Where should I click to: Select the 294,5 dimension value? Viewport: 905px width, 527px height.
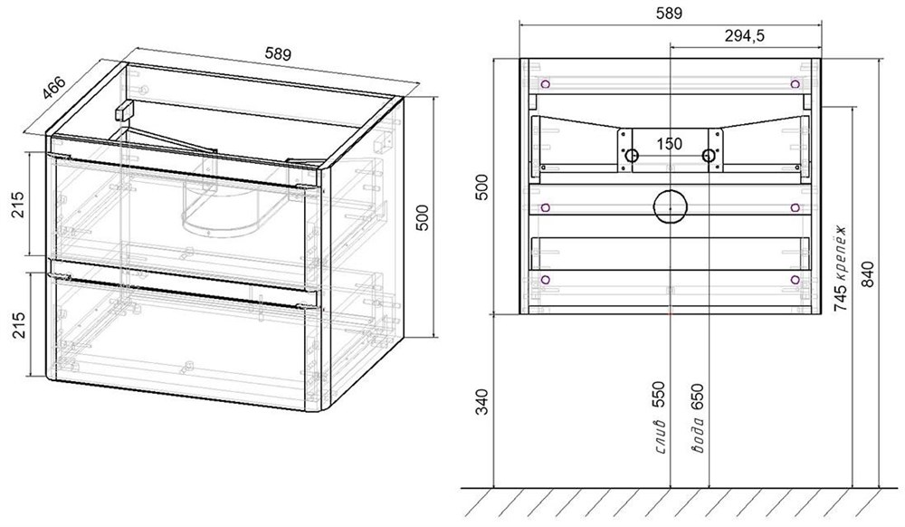[745, 36]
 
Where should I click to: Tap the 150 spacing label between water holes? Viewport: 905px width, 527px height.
[670, 143]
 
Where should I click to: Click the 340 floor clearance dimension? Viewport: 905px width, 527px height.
[481, 402]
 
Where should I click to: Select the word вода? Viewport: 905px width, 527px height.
[699, 434]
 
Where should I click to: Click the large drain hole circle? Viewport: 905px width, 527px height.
[670, 206]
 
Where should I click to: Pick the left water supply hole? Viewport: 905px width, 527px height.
[632, 155]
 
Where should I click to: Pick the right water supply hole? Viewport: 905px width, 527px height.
[709, 155]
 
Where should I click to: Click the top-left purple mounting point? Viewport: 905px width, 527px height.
[546, 84]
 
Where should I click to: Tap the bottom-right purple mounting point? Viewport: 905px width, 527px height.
[795, 280]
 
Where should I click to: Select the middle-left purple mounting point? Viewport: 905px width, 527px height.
[546, 207]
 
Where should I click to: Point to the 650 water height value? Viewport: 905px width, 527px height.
[699, 397]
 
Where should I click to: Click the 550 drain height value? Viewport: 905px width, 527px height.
[661, 395]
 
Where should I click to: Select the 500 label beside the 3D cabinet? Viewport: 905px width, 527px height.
[423, 217]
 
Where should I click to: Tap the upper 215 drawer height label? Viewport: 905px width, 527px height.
[18, 204]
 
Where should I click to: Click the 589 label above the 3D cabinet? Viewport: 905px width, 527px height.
[278, 54]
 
